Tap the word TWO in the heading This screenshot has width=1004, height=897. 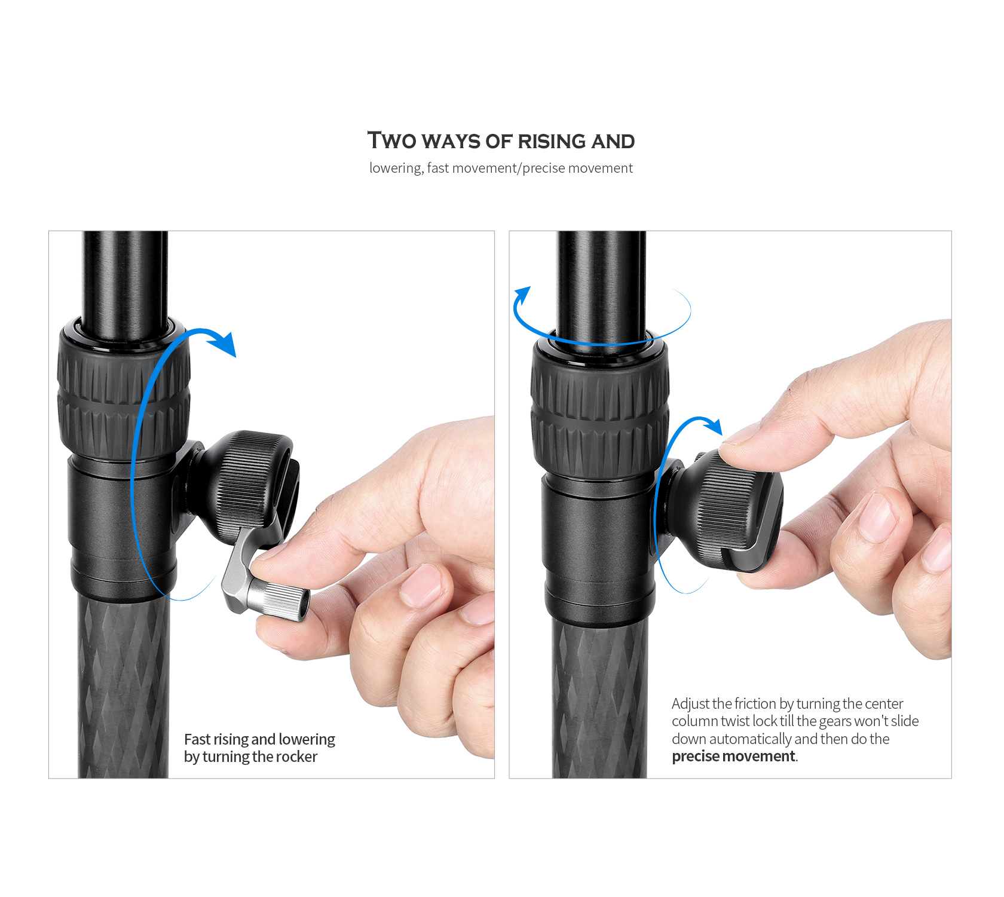pos(391,140)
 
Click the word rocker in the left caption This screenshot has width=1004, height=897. pos(296,757)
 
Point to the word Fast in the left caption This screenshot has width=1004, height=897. pos(197,739)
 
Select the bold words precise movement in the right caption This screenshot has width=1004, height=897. pos(734,756)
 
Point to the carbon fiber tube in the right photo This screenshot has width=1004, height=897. pos(599,699)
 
